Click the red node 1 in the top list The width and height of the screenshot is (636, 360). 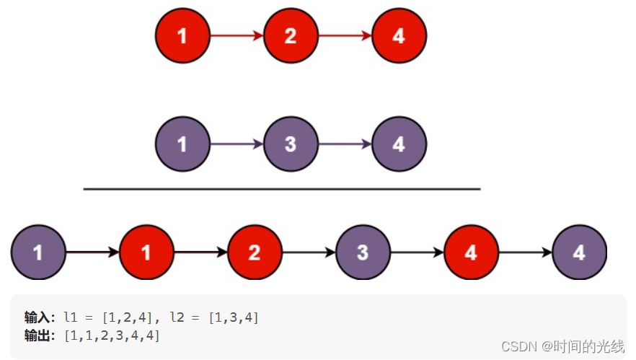(182, 35)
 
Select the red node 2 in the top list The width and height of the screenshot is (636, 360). (291, 35)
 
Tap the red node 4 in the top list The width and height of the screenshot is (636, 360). (399, 35)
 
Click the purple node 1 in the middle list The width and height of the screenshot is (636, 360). (182, 144)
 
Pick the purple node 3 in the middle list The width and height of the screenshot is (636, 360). (291, 144)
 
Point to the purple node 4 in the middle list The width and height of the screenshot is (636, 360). (399, 144)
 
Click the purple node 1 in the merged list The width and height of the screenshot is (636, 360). (38, 253)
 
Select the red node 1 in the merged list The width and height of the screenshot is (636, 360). (146, 253)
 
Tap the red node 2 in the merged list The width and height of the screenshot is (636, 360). (255, 253)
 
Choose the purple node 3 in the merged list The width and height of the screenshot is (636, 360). (363, 253)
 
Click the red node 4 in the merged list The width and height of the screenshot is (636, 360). (471, 253)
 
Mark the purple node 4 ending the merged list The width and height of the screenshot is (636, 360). (579, 253)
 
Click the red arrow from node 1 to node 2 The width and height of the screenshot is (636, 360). (237, 35)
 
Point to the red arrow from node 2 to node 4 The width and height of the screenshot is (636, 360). (345, 35)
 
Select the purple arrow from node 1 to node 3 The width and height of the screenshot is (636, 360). (237, 144)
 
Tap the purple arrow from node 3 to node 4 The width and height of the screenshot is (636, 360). (345, 144)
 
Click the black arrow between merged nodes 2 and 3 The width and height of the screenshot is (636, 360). (309, 253)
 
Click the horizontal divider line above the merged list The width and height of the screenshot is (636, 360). (281, 189)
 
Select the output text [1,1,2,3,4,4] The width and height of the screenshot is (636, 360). (112, 335)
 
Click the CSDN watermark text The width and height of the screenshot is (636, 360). (562, 347)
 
